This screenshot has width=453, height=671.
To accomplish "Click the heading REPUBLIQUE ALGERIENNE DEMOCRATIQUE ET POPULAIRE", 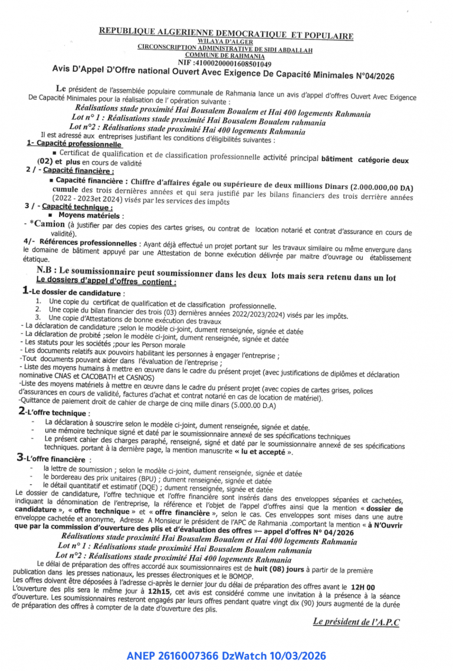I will coord(226,33).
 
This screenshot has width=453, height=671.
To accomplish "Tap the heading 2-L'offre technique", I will coord(55,413).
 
